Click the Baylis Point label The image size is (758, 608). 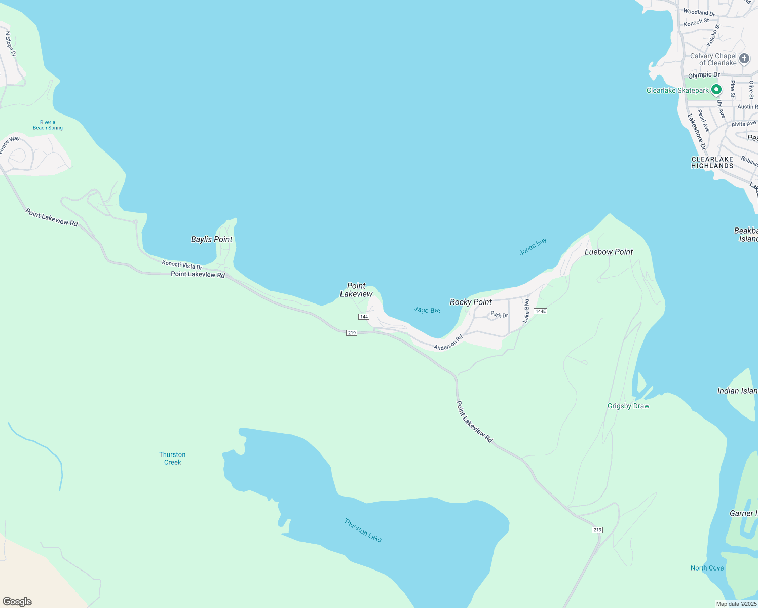(211, 239)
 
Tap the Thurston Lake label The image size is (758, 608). (363, 530)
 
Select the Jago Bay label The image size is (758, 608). (427, 310)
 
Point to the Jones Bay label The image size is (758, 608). (533, 246)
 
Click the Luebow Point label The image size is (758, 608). (609, 252)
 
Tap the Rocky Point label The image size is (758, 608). (471, 302)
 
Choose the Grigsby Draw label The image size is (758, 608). (628, 406)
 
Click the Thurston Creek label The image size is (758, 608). (172, 458)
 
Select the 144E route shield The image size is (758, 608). (541, 311)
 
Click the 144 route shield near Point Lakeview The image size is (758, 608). (363, 316)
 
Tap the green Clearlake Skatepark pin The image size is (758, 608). (716, 90)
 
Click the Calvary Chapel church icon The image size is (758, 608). (744, 59)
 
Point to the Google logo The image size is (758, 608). (17, 602)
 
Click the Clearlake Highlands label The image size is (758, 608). (712, 162)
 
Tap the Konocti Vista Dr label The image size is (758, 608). (182, 265)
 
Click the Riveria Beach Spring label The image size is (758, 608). (48, 125)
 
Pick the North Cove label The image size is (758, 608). (707, 568)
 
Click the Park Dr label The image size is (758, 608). (499, 315)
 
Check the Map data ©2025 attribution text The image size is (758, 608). (736, 604)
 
